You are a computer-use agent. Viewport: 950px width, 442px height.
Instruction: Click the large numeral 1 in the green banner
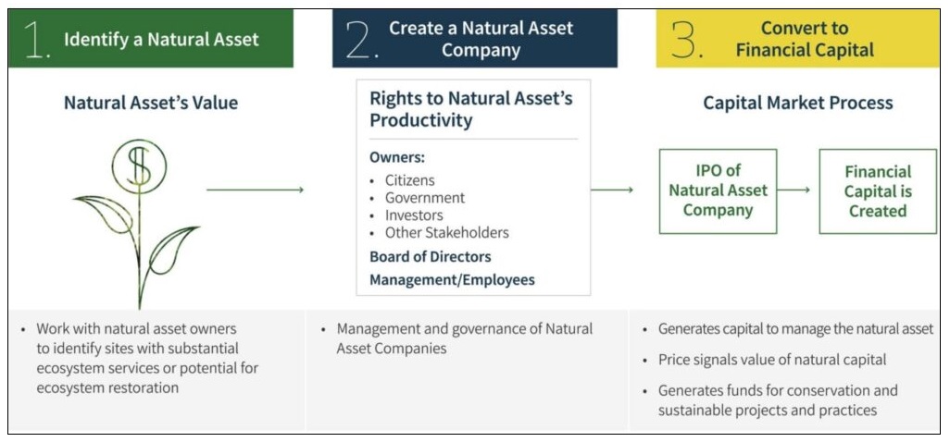35,39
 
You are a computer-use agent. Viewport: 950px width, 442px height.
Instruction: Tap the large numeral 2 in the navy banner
359,39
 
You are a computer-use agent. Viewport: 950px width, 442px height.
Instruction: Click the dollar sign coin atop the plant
139,166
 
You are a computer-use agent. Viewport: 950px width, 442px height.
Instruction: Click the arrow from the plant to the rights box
255,190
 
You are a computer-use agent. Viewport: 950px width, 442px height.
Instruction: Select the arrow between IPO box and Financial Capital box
794,190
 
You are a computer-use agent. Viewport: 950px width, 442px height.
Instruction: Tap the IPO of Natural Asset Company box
718,191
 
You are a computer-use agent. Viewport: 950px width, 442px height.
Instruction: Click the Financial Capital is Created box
877,191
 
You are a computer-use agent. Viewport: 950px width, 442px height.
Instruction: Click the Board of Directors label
431,256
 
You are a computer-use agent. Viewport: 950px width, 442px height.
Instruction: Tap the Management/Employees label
452,280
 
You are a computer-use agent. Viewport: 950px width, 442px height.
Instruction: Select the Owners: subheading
397,157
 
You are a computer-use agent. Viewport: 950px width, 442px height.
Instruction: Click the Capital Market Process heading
798,103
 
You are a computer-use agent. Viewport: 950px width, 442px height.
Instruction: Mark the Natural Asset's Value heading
151,103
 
